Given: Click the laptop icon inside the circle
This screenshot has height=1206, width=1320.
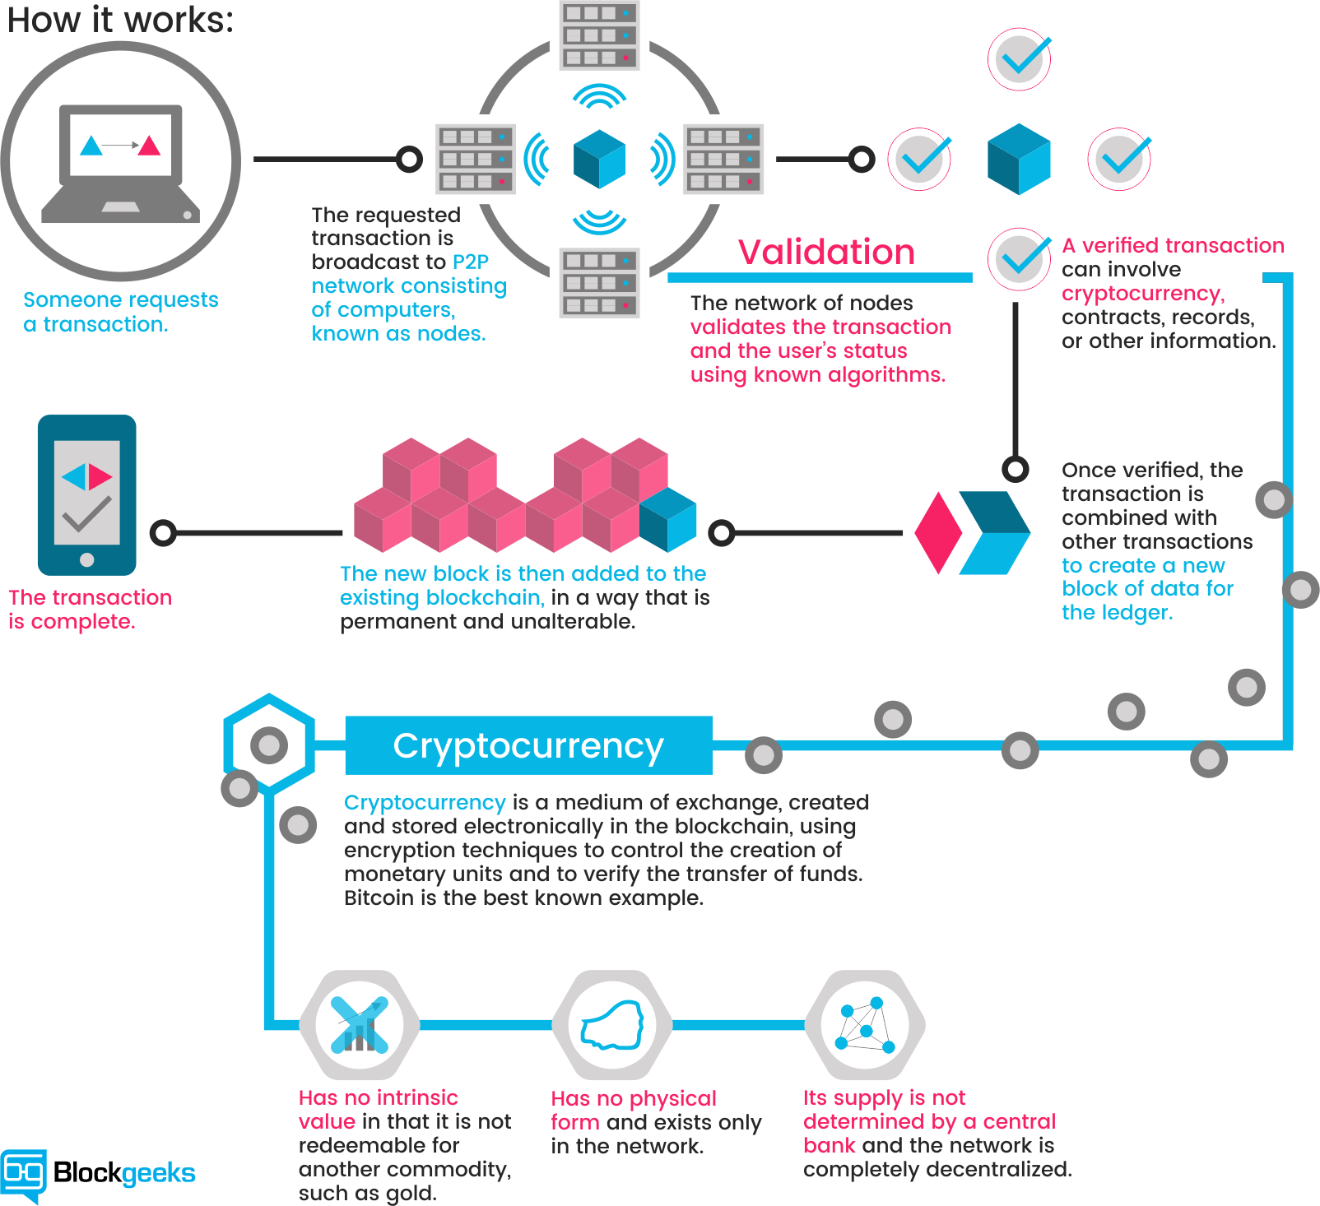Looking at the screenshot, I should pos(121,163).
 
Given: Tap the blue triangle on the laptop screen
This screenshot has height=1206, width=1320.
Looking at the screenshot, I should pos(91,146).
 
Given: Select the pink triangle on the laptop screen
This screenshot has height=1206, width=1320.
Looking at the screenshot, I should pos(150,146).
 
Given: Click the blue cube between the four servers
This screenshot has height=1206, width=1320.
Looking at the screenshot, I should pos(599,159).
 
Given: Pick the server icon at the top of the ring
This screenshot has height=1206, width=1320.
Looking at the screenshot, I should pos(599,35).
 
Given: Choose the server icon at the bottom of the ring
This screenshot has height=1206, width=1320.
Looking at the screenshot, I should pos(599,282).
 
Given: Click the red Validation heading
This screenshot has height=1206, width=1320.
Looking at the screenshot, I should pos(826,253).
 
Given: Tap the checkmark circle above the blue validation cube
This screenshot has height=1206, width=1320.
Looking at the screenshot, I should pos(1020,58).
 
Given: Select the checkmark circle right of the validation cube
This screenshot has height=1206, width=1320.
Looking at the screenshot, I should pos(1120,159).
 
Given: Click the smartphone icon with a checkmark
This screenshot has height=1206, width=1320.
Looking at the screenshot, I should pos(86,494).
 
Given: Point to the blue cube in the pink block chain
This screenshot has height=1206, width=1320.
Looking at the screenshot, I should pos(668,519).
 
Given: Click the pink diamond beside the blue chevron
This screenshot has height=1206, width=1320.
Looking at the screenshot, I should pos(938,532).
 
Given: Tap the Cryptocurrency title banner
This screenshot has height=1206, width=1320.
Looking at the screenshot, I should pos(528,745).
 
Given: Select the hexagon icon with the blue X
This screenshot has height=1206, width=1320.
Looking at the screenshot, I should pos(359,1025).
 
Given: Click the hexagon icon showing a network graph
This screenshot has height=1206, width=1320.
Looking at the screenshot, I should pos(864,1025).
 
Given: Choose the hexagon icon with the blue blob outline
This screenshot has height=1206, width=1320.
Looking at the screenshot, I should pos(611,1025).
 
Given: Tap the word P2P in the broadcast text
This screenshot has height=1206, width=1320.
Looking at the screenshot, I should pos(471,262).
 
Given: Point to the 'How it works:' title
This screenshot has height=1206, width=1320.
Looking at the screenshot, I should pos(121,20).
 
